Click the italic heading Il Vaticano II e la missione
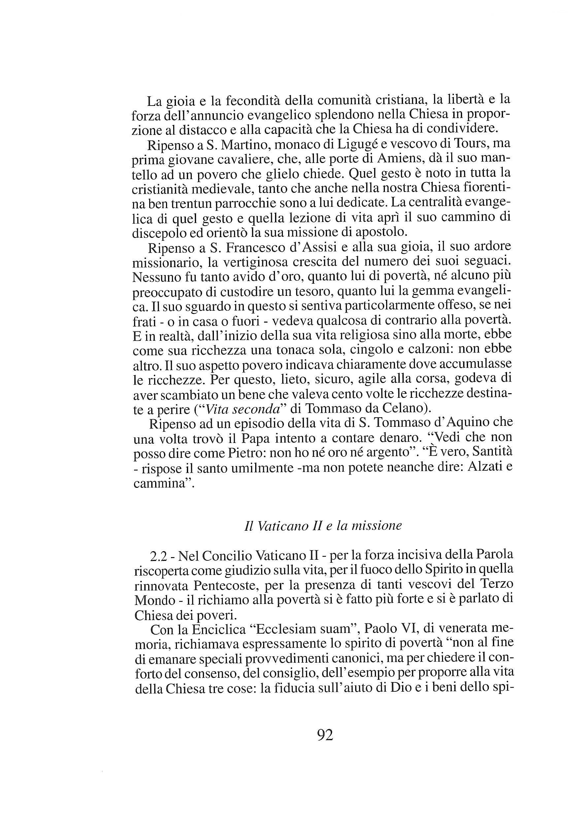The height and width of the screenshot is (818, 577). [x=323, y=526]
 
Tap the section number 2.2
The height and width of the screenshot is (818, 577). [x=160, y=556]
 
